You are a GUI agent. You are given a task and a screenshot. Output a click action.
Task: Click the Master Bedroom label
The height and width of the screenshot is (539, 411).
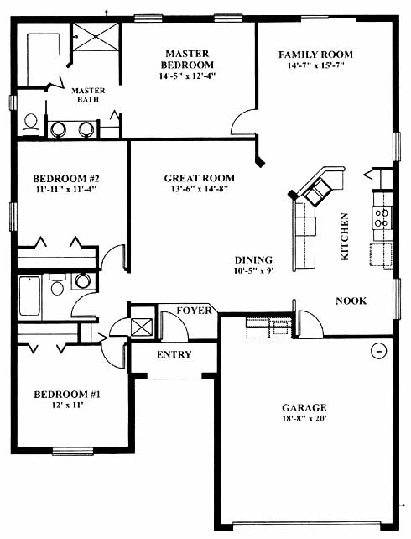tap(187, 59)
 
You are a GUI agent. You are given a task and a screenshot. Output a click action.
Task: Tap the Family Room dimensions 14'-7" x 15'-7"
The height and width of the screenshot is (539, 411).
tap(315, 65)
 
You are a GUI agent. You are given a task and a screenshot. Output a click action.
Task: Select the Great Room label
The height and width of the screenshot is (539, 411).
tap(199, 178)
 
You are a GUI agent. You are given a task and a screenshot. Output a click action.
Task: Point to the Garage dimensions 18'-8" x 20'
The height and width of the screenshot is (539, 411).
tap(304, 419)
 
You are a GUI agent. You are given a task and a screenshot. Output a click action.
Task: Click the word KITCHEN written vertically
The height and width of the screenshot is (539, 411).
tap(345, 237)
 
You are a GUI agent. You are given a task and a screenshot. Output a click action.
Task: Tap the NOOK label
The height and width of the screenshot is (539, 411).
tap(351, 301)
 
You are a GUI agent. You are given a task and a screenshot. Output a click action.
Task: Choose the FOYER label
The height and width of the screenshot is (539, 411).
tap(195, 311)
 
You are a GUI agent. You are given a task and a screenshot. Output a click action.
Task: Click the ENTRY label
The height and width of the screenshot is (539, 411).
tap(174, 354)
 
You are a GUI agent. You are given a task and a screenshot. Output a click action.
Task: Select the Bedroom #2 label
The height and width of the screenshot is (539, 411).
tap(66, 179)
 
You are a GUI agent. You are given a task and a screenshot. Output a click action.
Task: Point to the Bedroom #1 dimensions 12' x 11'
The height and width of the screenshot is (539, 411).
tap(67, 406)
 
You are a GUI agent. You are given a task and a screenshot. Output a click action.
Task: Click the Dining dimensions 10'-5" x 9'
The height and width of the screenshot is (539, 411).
tap(254, 271)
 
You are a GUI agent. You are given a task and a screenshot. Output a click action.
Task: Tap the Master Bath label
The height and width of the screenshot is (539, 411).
tap(88, 95)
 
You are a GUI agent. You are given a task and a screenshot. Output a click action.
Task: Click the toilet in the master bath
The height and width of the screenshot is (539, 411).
tap(30, 125)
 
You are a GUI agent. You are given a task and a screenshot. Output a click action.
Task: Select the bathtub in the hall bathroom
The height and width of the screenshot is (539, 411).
tap(29, 296)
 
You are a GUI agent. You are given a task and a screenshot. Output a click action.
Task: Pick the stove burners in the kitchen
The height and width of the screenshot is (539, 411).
tap(382, 218)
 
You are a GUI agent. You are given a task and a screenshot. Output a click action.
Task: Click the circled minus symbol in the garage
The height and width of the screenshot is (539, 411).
tap(379, 351)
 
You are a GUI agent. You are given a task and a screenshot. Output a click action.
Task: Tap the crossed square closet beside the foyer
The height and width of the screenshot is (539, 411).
tap(142, 327)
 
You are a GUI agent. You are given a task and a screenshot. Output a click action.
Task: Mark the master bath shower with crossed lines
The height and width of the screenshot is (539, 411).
tap(96, 37)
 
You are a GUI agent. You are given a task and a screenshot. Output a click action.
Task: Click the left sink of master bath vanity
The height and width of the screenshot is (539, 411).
tap(58, 129)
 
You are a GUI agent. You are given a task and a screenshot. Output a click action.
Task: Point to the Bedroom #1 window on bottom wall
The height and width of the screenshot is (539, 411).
tap(73, 452)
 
